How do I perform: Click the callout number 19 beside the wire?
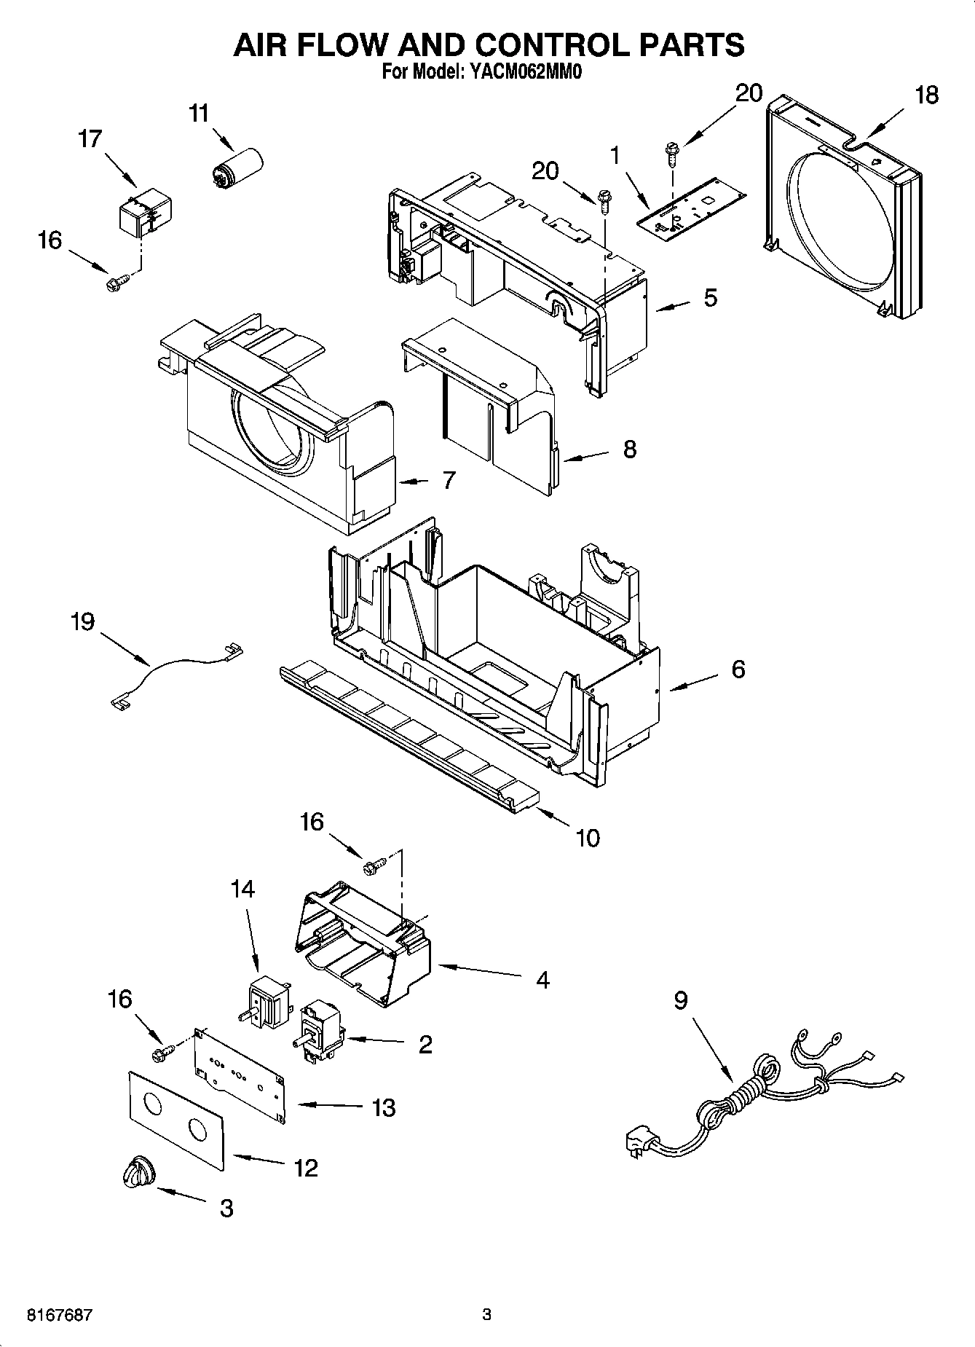82,621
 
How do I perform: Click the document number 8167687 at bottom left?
59,1315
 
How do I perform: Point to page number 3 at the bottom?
486,1315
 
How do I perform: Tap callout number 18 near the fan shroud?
926,95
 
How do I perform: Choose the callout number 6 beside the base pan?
738,669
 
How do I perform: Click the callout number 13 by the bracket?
384,1108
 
